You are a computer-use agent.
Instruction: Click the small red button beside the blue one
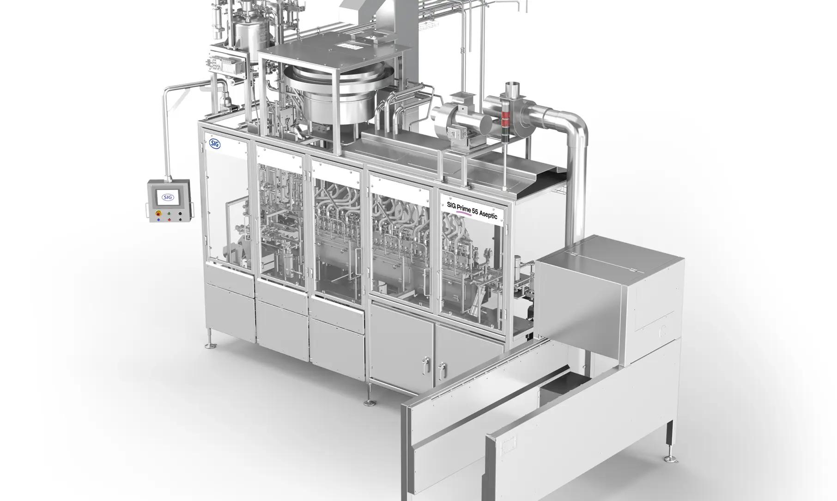click(x=169, y=220)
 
